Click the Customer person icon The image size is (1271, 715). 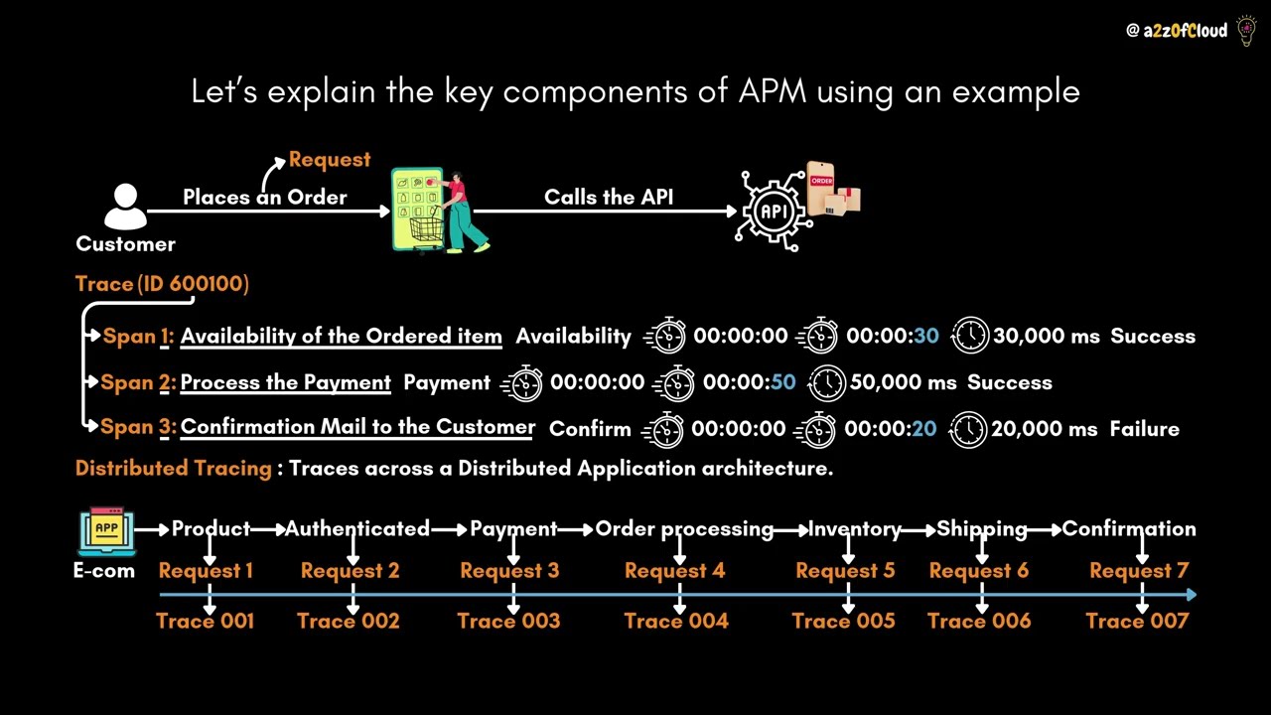125,207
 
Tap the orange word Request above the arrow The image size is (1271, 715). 330,160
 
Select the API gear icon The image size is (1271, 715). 773,210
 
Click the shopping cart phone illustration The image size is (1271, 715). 437,210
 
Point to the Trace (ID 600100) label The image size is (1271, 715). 162,284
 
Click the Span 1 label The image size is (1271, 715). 138,337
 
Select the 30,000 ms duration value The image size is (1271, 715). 1046,337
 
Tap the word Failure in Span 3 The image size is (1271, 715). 1144,429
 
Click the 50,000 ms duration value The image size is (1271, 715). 903,382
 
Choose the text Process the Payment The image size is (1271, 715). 286,382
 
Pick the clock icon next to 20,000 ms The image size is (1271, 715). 969,429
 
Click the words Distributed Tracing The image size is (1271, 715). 174,469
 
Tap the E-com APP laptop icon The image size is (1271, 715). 105,532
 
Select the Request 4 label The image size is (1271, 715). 674,571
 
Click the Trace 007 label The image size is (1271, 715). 1137,622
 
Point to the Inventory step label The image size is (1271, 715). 855,529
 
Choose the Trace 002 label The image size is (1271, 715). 349,622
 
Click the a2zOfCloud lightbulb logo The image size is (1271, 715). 1246,31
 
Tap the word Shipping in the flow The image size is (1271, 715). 981,529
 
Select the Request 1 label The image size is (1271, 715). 206,571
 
